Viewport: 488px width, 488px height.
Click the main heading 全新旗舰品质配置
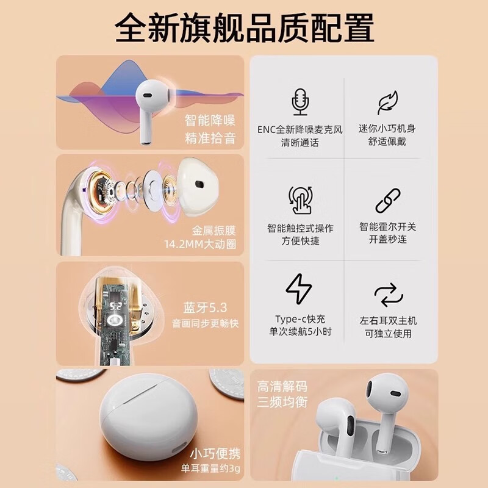pos(244,27)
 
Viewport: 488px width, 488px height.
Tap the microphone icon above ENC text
pos(299,101)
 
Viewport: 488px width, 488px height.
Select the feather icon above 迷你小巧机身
pos(387,101)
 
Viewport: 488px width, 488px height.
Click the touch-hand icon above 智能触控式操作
pos(299,199)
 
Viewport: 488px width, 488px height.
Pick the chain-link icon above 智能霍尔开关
pos(387,199)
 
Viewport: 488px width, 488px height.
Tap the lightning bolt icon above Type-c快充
pos(299,290)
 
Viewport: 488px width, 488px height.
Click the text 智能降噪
pos(210,120)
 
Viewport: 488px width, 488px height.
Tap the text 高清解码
pos(282,386)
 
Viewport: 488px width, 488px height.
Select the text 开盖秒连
pos(388,240)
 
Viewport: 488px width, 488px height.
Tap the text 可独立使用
pos(388,334)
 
